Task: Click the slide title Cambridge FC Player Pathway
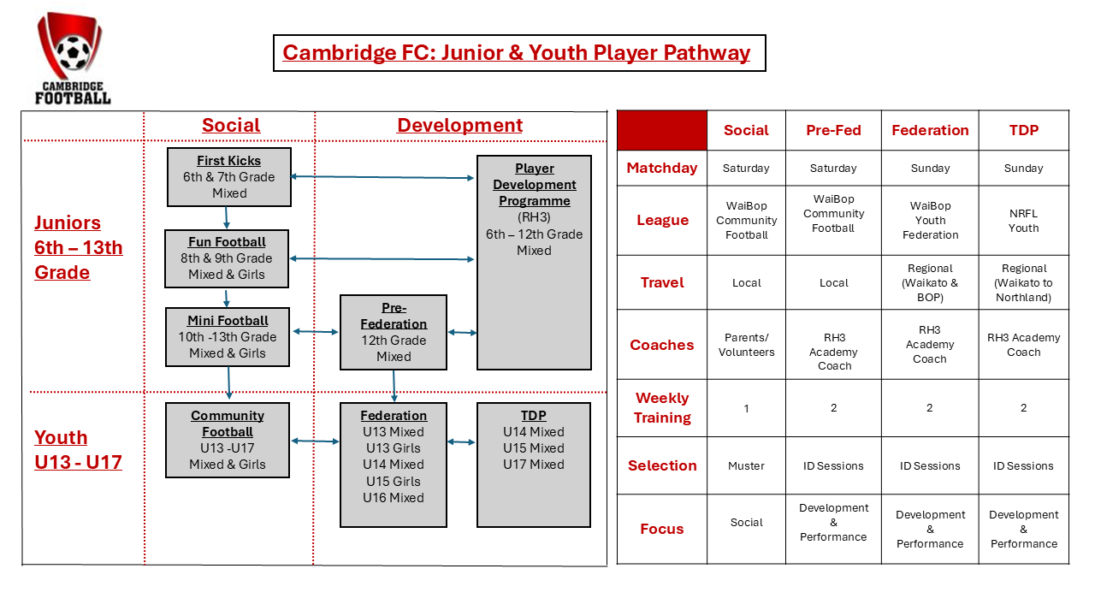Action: point(517,53)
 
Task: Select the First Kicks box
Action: point(229,177)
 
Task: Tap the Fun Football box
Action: point(227,258)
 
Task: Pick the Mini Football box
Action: point(228,337)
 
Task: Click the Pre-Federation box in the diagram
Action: point(394,332)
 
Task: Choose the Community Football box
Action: point(228,440)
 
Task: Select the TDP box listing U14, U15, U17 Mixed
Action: point(534,465)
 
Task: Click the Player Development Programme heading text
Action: point(535,185)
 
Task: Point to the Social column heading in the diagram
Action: point(231,125)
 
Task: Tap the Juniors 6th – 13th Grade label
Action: point(79,247)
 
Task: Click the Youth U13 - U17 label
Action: point(78,450)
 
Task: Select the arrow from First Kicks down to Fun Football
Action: point(228,218)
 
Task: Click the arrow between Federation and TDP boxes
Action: point(461,442)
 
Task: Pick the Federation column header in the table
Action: point(930,130)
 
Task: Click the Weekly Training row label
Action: point(662,408)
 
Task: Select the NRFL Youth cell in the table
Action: point(1023,221)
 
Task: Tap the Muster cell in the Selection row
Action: point(746,466)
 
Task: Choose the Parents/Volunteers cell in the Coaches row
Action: point(746,345)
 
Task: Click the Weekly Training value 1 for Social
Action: point(746,408)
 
